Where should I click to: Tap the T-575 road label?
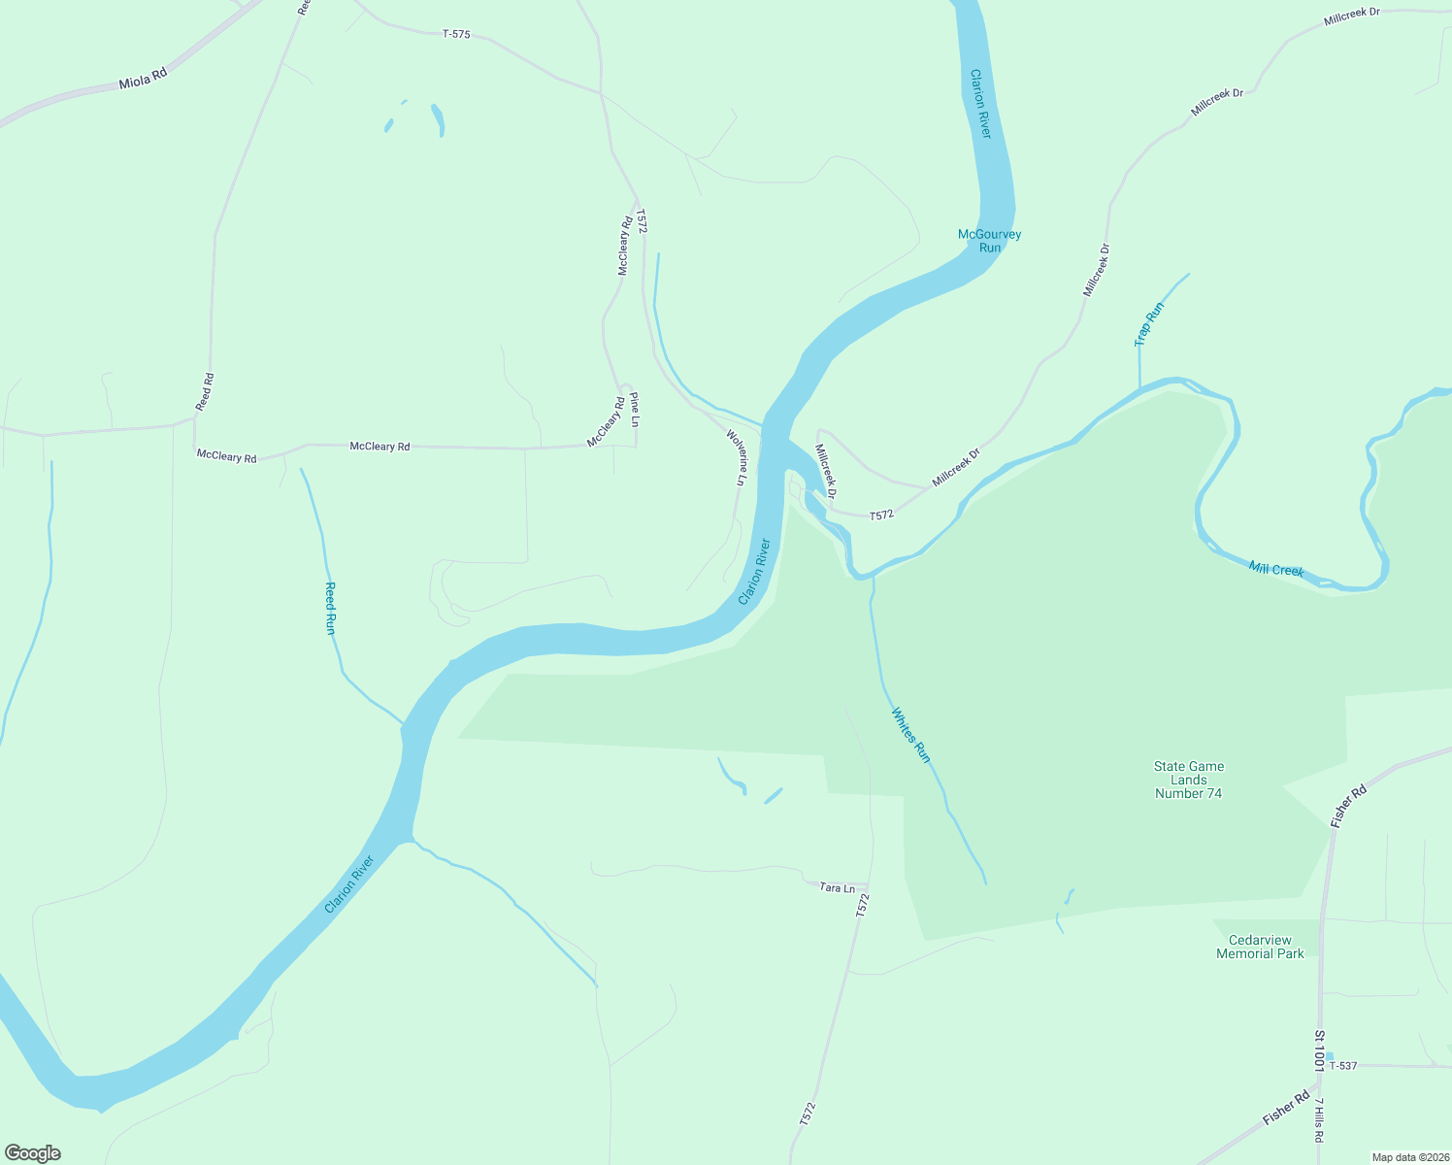pyautogui.click(x=456, y=34)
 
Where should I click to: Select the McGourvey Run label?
pyautogui.click(x=989, y=241)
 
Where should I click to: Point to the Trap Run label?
pyautogui.click(x=1149, y=324)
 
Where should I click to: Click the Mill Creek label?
pyautogui.click(x=1275, y=570)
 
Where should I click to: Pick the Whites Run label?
pyautogui.click(x=911, y=735)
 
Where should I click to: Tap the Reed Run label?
pyautogui.click(x=330, y=609)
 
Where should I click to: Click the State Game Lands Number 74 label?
pyautogui.click(x=1188, y=780)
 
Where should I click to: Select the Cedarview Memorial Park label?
pyautogui.click(x=1260, y=947)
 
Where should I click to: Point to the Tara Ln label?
pyautogui.click(x=837, y=887)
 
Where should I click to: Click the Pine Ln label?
pyautogui.click(x=635, y=410)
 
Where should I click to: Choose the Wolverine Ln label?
pyautogui.click(x=738, y=457)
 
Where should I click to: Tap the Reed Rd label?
pyautogui.click(x=205, y=391)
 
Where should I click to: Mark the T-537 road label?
pyautogui.click(x=1342, y=1066)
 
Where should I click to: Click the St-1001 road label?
pyautogui.click(x=1320, y=1051)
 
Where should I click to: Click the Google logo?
pyautogui.click(x=33, y=1153)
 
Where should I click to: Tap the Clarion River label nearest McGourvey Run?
pyautogui.click(x=981, y=103)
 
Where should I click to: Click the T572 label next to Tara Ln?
pyautogui.click(x=863, y=905)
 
